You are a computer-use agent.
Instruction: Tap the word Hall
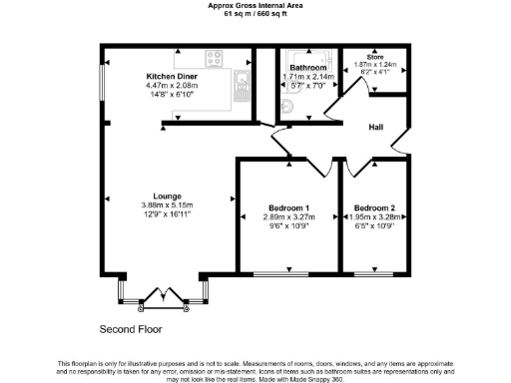click(375, 128)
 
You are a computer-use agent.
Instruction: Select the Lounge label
click(166, 195)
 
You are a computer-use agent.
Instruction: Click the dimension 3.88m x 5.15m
click(166, 205)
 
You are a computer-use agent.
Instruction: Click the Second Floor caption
click(131, 328)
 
